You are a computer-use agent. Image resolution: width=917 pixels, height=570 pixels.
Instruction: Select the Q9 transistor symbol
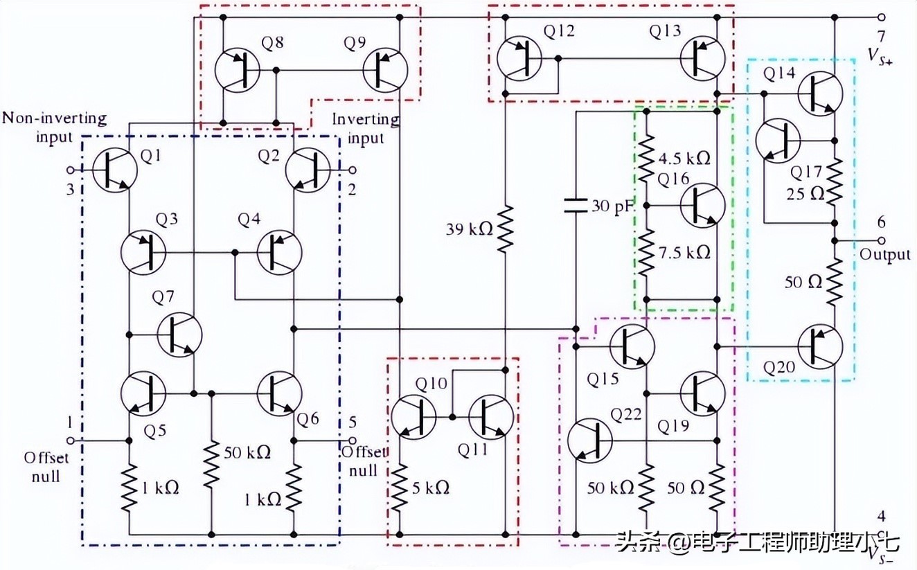(386, 70)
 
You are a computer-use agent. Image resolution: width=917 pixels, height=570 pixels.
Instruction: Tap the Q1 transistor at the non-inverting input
(114, 170)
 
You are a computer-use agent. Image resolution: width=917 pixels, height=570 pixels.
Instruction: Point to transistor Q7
(179, 335)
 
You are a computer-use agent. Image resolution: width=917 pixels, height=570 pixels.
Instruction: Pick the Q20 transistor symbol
(820, 345)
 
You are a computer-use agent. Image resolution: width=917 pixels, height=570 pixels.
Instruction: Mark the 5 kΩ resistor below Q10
(400, 488)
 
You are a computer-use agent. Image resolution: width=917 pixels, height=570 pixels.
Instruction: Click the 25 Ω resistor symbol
(835, 180)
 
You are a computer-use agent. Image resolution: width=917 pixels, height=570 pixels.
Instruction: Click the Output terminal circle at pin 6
(881, 240)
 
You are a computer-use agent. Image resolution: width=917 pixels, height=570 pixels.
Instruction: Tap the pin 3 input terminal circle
(70, 170)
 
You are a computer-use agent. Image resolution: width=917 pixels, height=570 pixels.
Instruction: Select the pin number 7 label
(880, 36)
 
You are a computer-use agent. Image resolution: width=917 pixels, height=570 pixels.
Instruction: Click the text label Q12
(559, 32)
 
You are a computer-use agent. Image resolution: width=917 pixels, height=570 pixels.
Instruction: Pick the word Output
(885, 255)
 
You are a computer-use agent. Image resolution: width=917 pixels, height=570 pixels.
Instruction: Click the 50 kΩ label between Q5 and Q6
(247, 452)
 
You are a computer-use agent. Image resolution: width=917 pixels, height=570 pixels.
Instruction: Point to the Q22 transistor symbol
(589, 440)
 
